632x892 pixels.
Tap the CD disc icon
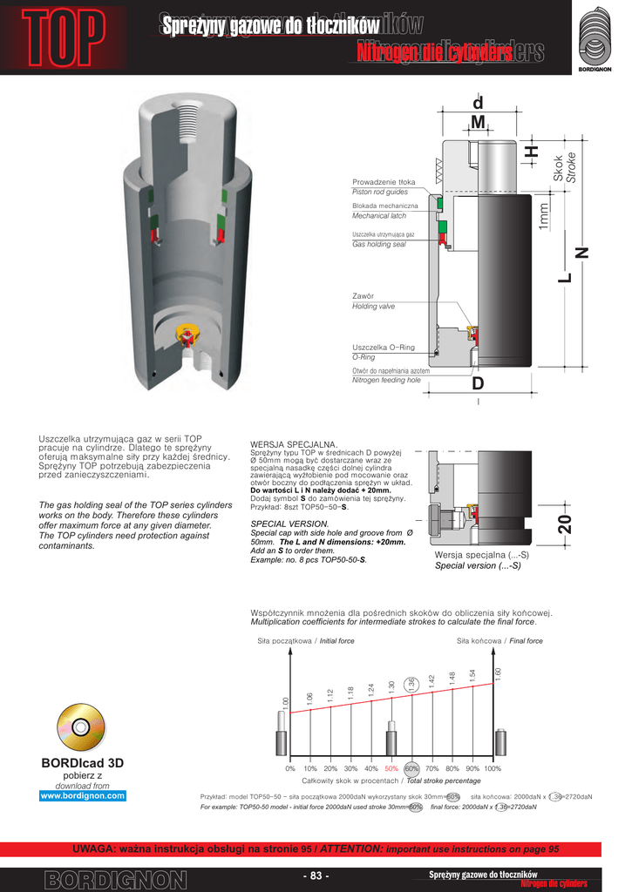coord(81,726)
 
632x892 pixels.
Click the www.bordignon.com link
coord(83,795)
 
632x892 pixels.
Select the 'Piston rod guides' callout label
coord(380,192)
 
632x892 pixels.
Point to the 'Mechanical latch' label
coord(379,215)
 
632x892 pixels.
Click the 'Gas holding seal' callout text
coord(378,245)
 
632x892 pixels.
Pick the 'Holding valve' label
coord(373,307)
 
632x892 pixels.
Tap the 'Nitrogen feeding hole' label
coord(386,381)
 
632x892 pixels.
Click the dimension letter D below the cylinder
coord(479,384)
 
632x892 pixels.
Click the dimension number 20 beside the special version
coord(564,524)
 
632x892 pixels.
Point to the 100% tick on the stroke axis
coord(493,769)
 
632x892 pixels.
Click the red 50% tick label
coord(391,769)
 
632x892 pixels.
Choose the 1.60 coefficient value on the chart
coord(498,674)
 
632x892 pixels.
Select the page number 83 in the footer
coord(316,875)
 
